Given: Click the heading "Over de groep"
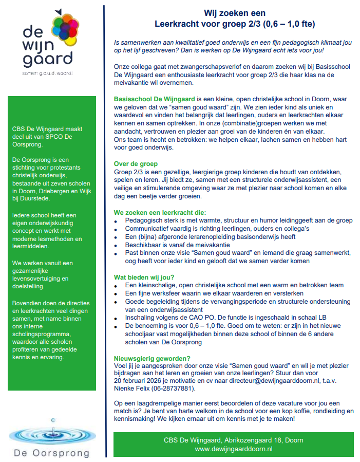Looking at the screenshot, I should pos(137,163).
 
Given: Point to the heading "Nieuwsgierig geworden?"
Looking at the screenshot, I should pos(151,358).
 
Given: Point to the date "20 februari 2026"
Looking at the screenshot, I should pos(142,381).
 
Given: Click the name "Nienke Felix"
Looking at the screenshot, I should pos(134,389).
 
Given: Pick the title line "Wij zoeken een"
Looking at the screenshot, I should pos(235,13).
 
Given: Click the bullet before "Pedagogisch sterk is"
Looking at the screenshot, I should pos(117,221).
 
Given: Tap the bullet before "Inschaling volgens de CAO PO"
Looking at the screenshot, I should pos(117,318).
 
